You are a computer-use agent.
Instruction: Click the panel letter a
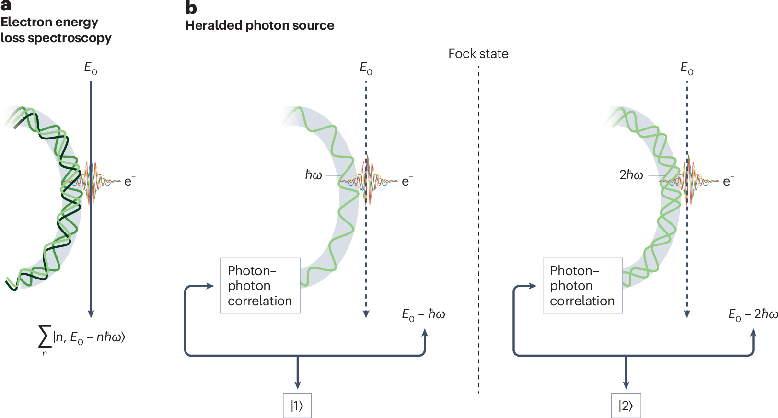point(6,5)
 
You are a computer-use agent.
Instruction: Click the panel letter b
point(191,8)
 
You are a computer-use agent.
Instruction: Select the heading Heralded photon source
point(259,25)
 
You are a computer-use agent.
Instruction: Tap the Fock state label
point(478,54)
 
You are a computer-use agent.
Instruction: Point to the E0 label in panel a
point(91,69)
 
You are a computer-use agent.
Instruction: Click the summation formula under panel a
point(81,338)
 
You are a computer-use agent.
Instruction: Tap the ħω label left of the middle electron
point(314,175)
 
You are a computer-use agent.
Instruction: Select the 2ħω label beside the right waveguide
point(631,175)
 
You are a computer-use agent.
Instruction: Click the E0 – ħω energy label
point(423,314)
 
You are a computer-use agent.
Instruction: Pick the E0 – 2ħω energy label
point(752,314)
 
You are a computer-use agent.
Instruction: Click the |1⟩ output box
point(297,406)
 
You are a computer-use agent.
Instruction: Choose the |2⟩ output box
point(626,406)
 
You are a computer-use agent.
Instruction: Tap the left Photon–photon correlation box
point(260,286)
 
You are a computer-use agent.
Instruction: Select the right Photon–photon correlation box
point(582,286)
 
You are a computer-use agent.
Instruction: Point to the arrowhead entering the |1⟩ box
point(298,385)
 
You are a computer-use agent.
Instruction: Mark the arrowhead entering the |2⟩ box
point(626,385)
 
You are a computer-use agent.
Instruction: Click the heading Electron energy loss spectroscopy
point(56,30)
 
